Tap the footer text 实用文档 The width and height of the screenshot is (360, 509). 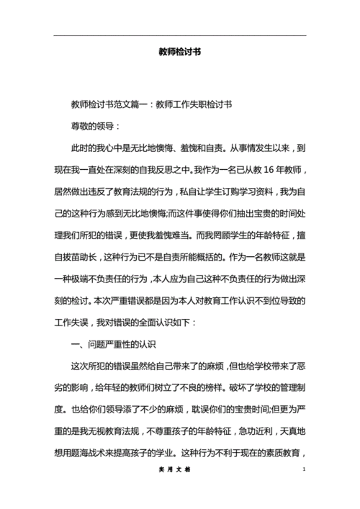pos(180,490)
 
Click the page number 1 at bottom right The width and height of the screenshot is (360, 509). pos(305,490)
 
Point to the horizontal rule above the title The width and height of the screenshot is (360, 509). pos(180,35)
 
